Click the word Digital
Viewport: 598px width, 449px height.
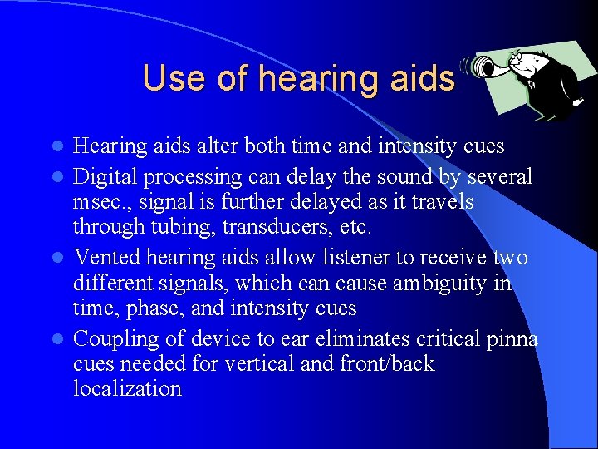click(x=103, y=177)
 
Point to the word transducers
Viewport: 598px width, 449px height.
click(x=236, y=227)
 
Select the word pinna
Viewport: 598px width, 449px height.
click(x=507, y=338)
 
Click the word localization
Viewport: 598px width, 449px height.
click(x=127, y=388)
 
